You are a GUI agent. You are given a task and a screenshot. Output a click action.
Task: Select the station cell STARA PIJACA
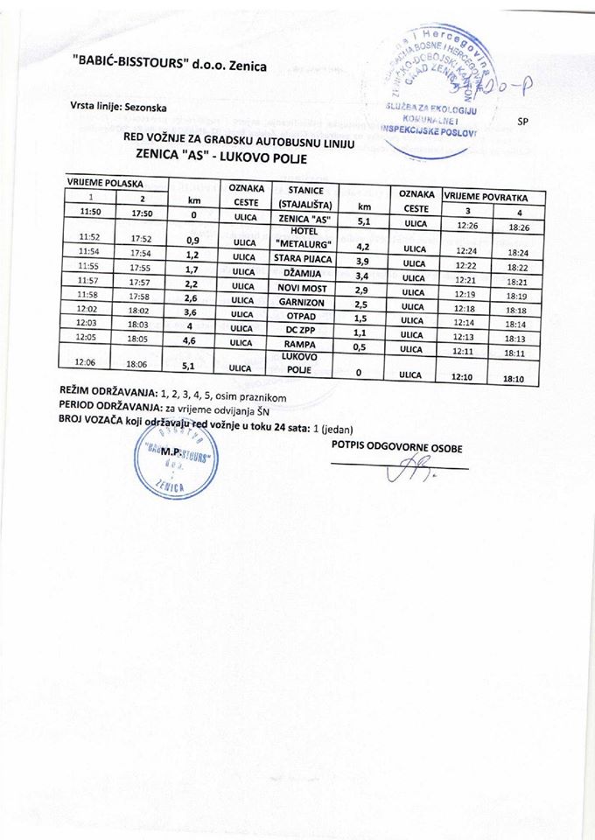[300, 258]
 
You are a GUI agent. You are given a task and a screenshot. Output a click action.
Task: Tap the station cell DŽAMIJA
[300, 273]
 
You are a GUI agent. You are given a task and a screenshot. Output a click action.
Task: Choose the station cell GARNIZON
[300, 302]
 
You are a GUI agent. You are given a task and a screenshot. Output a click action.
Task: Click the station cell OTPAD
[300, 316]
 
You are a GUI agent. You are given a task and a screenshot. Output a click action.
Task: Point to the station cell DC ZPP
[300, 330]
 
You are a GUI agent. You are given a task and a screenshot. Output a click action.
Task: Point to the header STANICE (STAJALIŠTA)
[300, 197]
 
